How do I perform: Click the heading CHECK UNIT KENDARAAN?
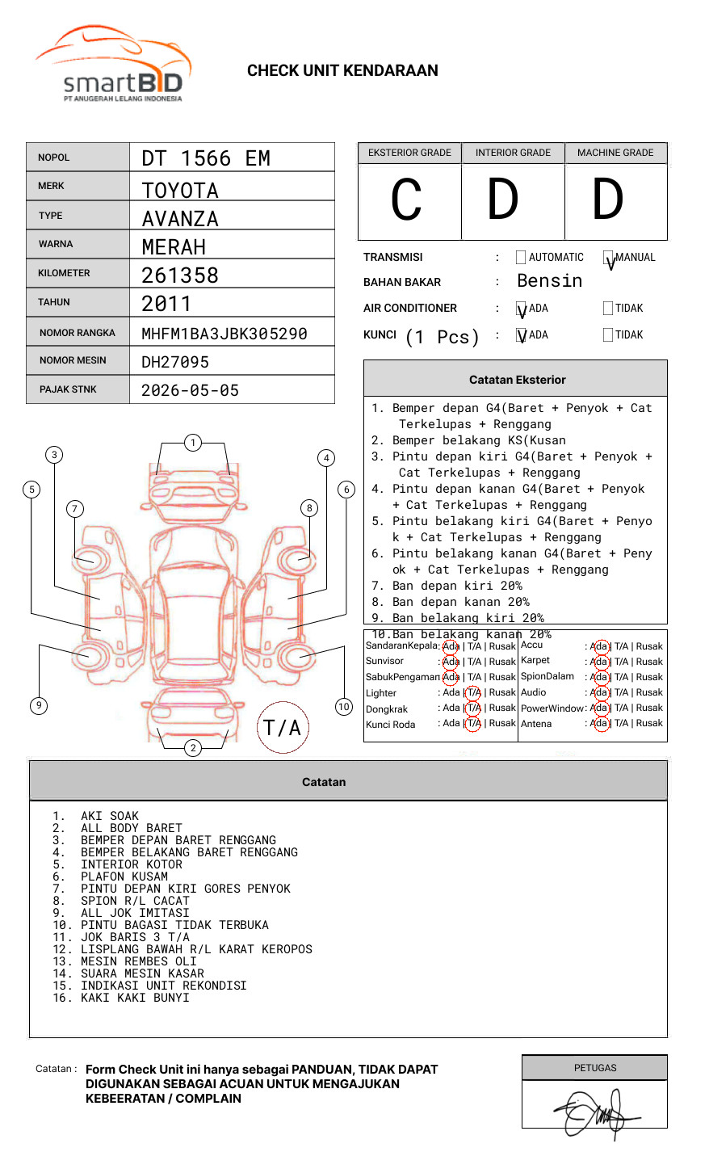click(x=342, y=71)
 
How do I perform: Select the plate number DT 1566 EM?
click(x=206, y=158)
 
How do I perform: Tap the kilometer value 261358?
click(x=180, y=275)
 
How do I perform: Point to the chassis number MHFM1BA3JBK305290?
click(x=224, y=334)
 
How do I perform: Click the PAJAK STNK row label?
click(x=68, y=389)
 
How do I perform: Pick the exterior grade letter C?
click(x=407, y=200)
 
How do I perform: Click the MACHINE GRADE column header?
click(x=615, y=153)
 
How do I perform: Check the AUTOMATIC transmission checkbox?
click(x=521, y=258)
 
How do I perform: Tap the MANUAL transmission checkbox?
click(x=608, y=258)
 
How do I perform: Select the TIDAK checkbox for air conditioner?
click(x=608, y=309)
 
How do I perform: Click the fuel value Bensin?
click(x=549, y=281)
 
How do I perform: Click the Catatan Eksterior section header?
click(x=517, y=380)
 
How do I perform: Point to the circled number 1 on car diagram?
click(x=192, y=443)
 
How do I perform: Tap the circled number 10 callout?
click(x=344, y=707)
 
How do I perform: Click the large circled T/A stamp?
click(x=283, y=728)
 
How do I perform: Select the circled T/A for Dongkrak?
click(x=473, y=708)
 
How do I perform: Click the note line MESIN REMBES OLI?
click(x=138, y=961)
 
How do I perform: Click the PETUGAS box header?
click(x=595, y=1068)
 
